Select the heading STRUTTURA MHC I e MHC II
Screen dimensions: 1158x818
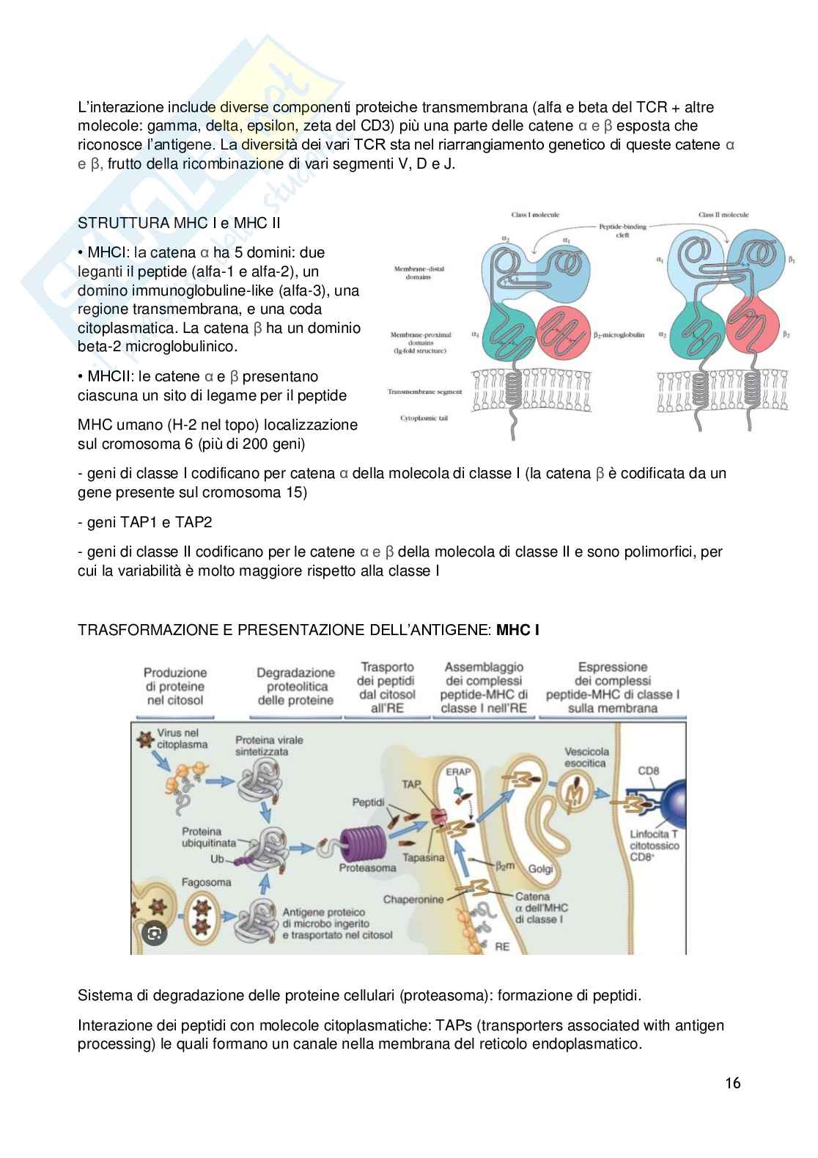point(179,223)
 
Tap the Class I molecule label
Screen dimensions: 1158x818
point(535,215)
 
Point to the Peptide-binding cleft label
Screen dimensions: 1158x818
point(623,231)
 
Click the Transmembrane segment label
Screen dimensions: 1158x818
point(424,392)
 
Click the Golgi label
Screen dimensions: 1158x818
point(540,868)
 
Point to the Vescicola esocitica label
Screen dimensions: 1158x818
point(586,757)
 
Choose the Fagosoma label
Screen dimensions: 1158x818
point(207,882)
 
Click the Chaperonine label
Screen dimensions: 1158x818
point(413,898)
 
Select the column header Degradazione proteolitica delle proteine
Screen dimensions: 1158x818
point(295,686)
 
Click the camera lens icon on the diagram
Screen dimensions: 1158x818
point(154,933)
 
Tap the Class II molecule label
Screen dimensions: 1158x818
point(723,215)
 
